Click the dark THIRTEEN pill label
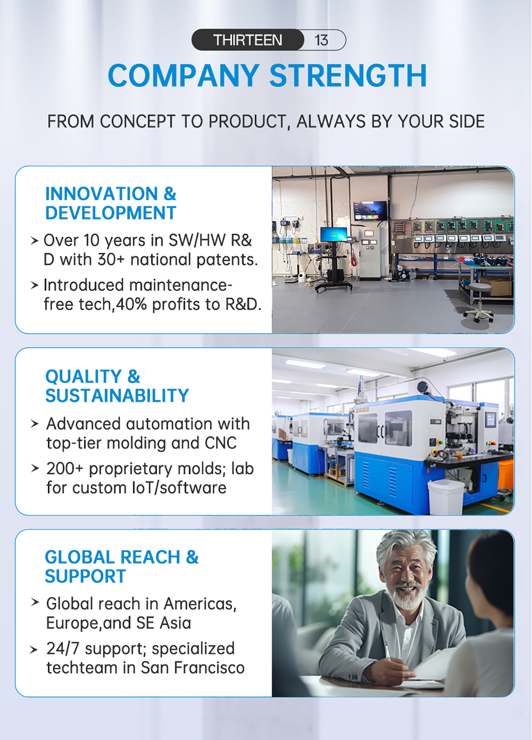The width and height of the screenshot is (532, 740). pos(247,40)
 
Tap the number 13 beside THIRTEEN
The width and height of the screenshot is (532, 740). pos(321,40)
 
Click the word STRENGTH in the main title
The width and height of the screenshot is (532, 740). pos(348,75)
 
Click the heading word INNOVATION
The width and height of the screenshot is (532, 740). pos(102,194)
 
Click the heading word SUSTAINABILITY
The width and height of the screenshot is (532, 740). pos(117,396)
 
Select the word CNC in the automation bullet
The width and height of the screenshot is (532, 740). pos(221,443)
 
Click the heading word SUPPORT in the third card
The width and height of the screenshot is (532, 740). pos(86,577)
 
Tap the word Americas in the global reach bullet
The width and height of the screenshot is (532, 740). pos(200,604)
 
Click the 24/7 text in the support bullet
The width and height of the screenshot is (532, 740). pos(63,649)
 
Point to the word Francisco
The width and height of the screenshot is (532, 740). pos(209,668)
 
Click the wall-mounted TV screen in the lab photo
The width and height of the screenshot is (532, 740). pos(370,210)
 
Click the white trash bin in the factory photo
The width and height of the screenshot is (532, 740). pos(446,497)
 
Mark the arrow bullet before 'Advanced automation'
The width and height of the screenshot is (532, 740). pos(34,423)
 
